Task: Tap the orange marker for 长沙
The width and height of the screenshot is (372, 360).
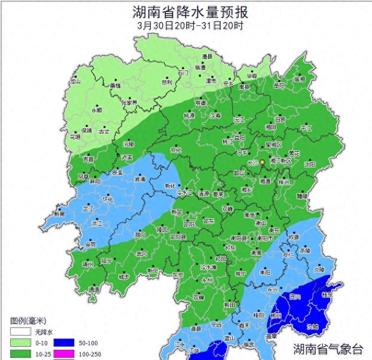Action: coord(262,162)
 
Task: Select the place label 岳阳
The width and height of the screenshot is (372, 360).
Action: coord(279,86)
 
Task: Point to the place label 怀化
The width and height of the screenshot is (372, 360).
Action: coord(108,199)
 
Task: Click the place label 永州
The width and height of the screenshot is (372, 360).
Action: coord(207,279)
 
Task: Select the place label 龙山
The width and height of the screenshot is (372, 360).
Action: coord(75,81)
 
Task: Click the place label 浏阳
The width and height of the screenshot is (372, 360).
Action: coord(309,163)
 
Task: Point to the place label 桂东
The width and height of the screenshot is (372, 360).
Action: coord(327,295)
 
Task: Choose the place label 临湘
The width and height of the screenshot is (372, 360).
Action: coord(299,79)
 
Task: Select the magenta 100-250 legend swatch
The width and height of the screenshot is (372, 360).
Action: coord(64,354)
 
